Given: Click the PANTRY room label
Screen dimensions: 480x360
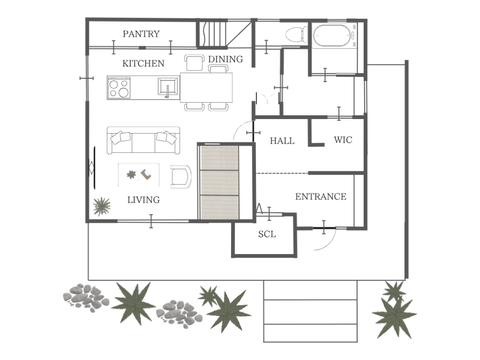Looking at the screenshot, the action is click(141, 34).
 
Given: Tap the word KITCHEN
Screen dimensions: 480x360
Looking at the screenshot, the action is click(143, 64).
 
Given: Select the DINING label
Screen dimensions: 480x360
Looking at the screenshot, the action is click(225, 59).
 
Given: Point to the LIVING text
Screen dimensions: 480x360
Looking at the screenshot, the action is click(144, 200).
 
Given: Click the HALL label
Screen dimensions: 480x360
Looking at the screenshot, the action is click(282, 141).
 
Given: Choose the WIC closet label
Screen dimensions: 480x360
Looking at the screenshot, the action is click(343, 140).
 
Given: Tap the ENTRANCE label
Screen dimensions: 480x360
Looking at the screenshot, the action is click(321, 197).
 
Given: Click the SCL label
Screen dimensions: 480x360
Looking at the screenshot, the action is click(267, 234).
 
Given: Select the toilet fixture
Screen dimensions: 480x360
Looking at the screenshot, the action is click(296, 34).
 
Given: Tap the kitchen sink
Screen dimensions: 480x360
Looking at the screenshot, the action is click(168, 87).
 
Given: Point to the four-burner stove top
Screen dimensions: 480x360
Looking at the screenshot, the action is click(119, 88).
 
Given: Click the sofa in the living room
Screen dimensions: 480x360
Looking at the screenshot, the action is click(143, 140).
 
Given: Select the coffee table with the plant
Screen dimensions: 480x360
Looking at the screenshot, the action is click(139, 175).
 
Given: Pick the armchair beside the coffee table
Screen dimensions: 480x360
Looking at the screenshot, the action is click(181, 176).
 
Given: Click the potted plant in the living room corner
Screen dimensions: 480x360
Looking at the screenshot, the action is click(102, 206).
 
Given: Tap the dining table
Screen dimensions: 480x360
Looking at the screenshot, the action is click(206, 88).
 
